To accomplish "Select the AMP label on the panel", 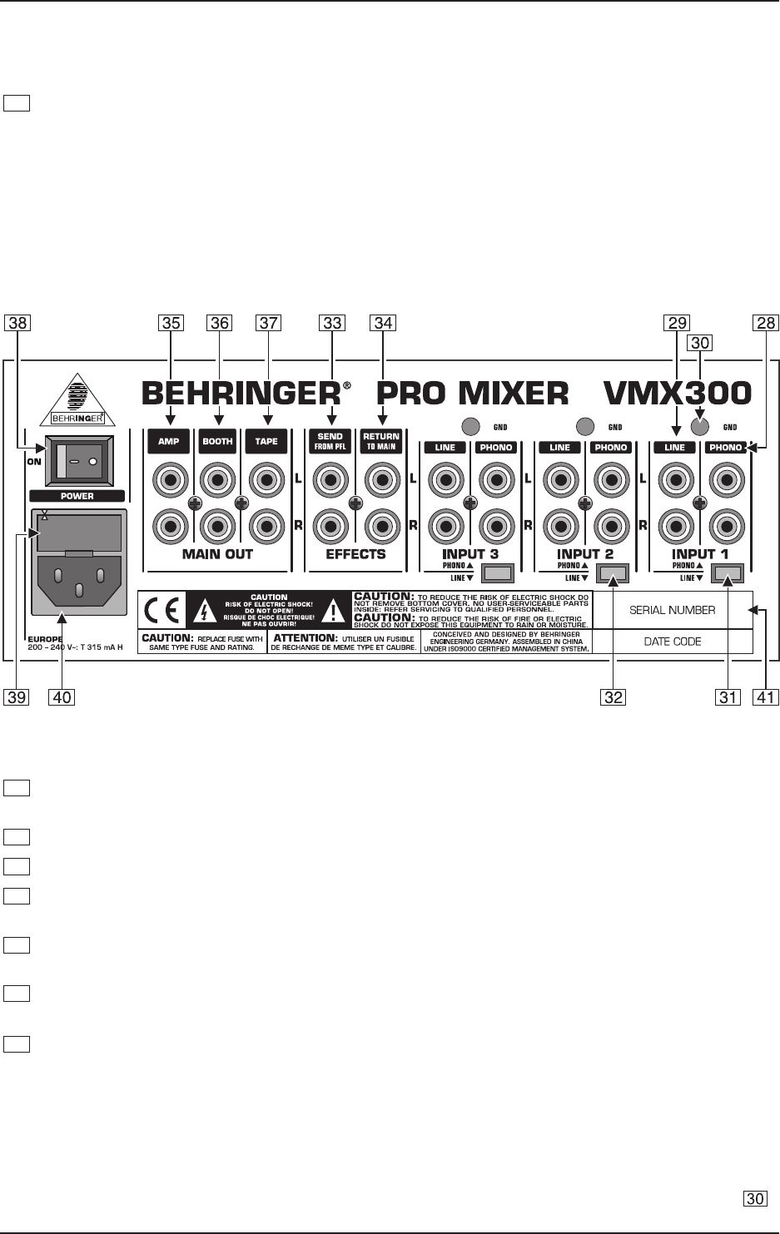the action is point(169,441).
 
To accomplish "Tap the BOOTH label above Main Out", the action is point(217,441).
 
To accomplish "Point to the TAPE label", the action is point(266,441).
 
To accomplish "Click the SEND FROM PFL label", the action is point(330,441).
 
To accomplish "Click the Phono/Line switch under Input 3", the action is point(498,572).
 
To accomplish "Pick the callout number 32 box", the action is point(614,697).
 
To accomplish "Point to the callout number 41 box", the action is point(767,697).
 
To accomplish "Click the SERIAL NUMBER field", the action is point(672,610).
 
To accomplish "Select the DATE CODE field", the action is point(672,642).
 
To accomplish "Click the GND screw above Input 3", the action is point(470,427).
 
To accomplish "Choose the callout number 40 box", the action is point(61,697).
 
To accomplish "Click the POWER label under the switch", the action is point(77,496).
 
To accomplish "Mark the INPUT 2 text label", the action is point(585,553).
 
